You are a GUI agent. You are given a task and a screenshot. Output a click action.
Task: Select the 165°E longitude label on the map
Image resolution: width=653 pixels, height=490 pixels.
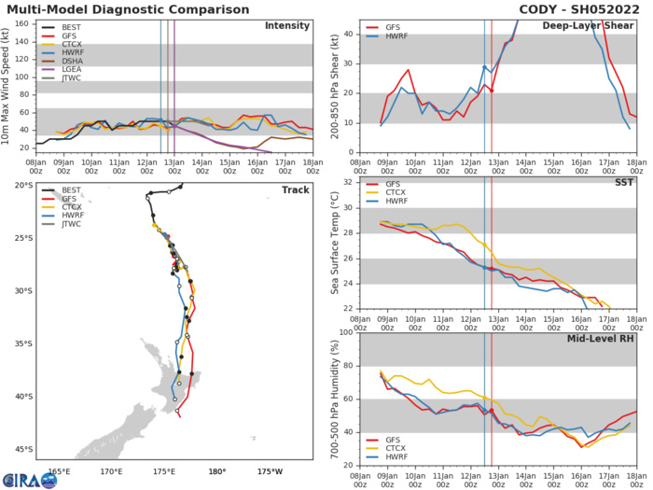pyautogui.click(x=60, y=469)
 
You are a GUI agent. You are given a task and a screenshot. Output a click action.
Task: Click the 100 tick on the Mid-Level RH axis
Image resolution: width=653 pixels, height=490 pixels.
pyautogui.click(x=345, y=332)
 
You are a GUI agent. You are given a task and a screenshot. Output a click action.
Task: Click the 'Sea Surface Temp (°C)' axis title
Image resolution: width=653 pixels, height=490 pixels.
pyautogui.click(x=333, y=245)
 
